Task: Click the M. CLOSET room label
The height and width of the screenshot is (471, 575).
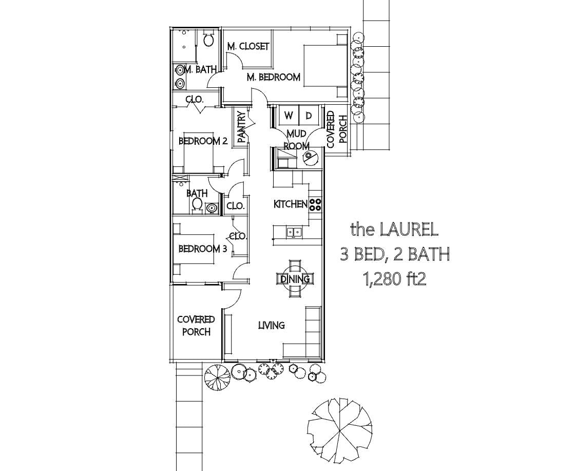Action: point(248,46)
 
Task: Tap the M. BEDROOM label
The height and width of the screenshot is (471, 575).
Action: point(273,78)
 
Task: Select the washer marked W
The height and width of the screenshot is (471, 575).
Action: point(289,116)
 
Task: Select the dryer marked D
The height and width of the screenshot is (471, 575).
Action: point(309,116)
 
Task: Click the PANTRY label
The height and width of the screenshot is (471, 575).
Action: point(241,127)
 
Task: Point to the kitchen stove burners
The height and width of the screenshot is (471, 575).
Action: point(315,204)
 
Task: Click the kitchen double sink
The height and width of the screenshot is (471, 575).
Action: point(294,232)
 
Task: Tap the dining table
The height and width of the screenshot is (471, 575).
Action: point(295,279)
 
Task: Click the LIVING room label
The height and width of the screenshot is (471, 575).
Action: point(271,325)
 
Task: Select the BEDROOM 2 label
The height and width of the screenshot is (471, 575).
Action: point(203,141)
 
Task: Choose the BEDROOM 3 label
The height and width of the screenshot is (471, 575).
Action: point(202,249)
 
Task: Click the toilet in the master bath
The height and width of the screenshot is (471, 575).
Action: point(208,39)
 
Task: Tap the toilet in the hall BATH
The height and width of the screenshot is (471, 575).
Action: point(197,204)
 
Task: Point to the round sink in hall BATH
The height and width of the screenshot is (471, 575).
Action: point(212,208)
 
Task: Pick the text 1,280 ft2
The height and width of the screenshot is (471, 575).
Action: point(395,279)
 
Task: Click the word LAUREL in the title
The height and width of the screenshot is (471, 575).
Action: point(409,230)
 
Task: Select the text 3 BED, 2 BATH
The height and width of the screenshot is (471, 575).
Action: point(395,254)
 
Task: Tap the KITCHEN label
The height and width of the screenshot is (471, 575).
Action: point(290,204)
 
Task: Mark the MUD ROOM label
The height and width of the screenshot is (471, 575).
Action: point(296,139)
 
